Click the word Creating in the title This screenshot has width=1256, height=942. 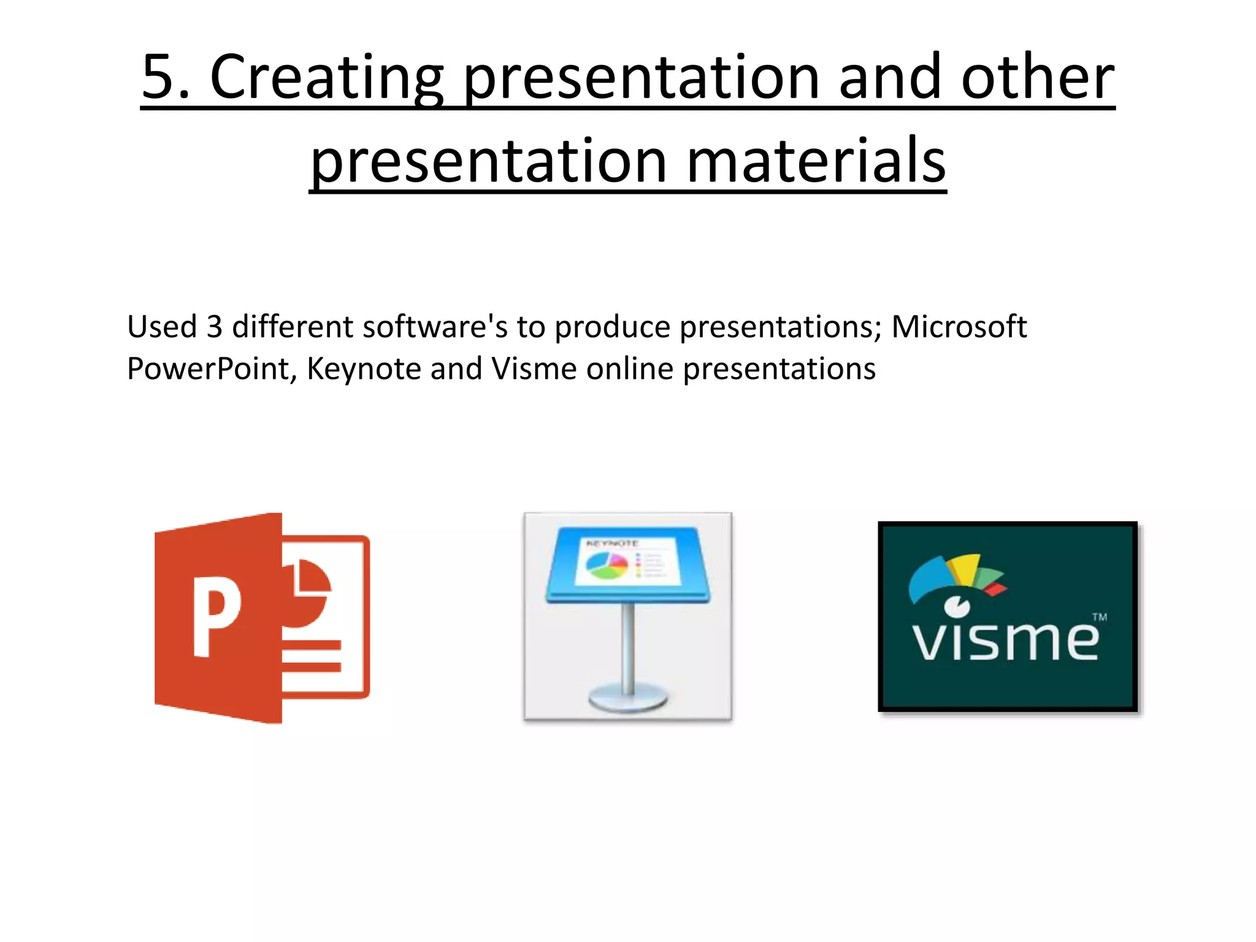pyautogui.click(x=326, y=77)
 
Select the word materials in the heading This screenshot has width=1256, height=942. pyautogui.click(x=816, y=161)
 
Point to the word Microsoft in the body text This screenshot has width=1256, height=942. pyautogui.click(x=959, y=326)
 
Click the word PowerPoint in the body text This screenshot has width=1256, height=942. pyautogui.click(x=207, y=369)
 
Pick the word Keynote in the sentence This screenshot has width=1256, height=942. pyautogui.click(x=363, y=369)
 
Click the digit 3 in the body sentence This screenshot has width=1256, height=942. pyautogui.click(x=214, y=326)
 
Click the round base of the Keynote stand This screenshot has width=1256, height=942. pyautogui.click(x=627, y=699)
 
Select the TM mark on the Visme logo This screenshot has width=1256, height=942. pyautogui.click(x=1100, y=617)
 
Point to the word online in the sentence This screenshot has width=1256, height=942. pyautogui.click(x=629, y=369)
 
